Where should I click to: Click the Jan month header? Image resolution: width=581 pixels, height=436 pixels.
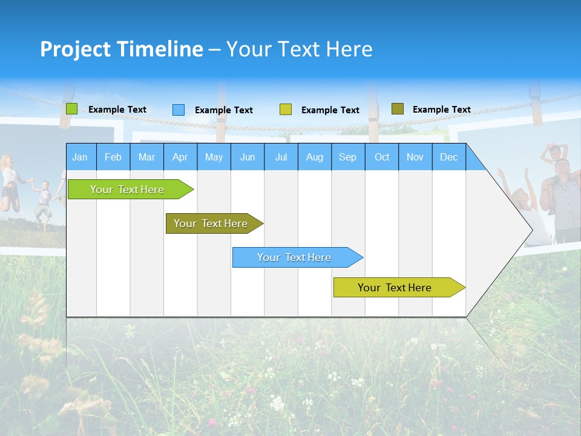click(x=80, y=157)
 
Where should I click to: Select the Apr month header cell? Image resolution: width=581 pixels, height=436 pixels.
click(x=180, y=157)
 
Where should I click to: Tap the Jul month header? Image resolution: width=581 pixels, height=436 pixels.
click(x=281, y=157)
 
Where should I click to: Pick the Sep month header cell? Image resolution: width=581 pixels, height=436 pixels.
click(x=347, y=157)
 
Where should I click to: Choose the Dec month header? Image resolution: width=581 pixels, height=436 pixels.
click(x=448, y=157)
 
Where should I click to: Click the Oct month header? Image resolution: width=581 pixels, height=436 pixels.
click(x=382, y=157)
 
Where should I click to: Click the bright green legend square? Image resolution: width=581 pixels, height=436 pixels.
click(x=72, y=109)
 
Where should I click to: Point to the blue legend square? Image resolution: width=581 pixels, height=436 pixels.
click(x=179, y=110)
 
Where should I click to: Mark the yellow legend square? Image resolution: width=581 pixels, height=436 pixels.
click(x=286, y=110)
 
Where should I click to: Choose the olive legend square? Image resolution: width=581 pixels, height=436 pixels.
click(x=398, y=109)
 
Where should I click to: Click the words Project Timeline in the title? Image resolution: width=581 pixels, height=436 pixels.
click(x=121, y=49)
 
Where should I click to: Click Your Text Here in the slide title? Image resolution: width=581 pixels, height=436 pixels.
click(x=299, y=49)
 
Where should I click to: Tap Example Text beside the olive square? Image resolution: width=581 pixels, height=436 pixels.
click(x=441, y=110)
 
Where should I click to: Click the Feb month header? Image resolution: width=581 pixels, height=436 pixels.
click(x=113, y=157)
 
